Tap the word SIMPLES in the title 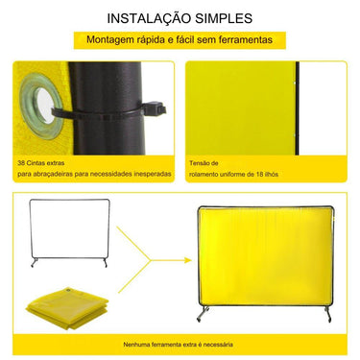(223, 18)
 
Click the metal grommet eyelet (43, 103)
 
